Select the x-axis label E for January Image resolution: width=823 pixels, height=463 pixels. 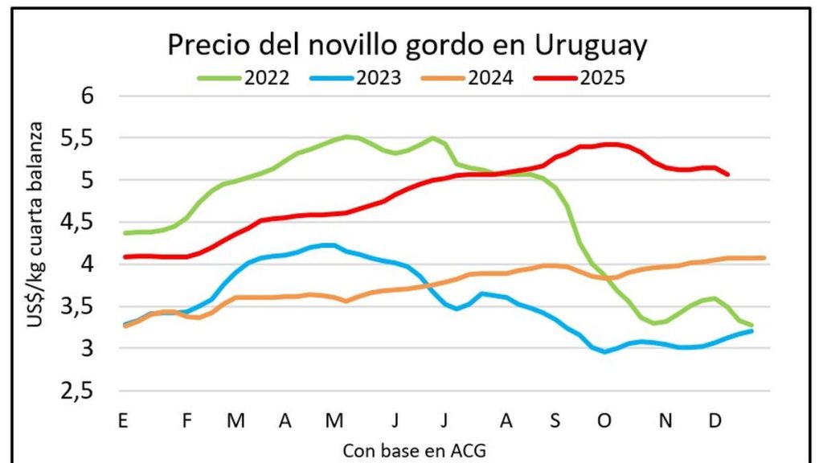[x=123, y=420]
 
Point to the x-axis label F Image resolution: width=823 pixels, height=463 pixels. [x=186, y=420]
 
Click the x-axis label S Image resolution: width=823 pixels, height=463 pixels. [x=555, y=420]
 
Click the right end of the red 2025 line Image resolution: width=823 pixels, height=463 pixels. [x=727, y=174]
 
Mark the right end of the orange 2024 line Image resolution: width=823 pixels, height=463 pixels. [x=763, y=258]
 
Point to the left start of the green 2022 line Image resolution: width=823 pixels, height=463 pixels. [x=124, y=233]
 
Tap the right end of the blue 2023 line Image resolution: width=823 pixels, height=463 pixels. [x=751, y=330]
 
